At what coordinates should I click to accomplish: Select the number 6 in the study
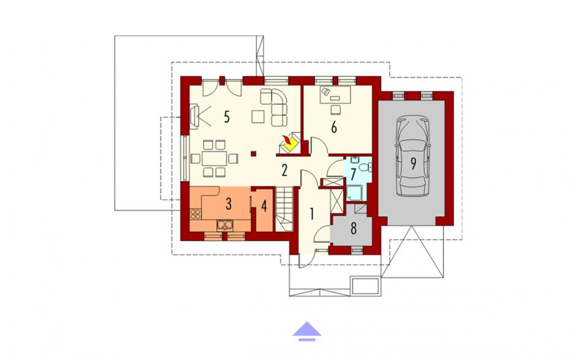click(334, 127)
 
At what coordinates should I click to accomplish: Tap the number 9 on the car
click(413, 164)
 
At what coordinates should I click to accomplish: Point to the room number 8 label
click(354, 228)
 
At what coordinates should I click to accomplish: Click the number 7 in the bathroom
click(354, 174)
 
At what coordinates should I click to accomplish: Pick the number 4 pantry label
click(264, 206)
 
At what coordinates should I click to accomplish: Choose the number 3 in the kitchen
click(229, 204)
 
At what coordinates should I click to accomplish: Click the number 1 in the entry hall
click(312, 213)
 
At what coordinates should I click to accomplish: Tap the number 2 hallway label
click(284, 170)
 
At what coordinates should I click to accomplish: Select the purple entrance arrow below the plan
click(307, 331)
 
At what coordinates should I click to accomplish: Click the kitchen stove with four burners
click(195, 214)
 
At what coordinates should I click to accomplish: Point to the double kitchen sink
click(225, 224)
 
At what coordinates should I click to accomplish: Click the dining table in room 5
click(214, 158)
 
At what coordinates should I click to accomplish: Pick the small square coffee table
click(258, 117)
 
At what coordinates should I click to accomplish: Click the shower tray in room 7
click(354, 193)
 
